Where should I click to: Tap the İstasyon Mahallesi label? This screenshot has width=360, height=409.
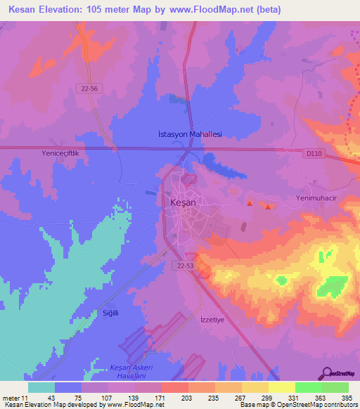pos(188,134)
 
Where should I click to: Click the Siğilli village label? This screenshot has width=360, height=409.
pos(111,313)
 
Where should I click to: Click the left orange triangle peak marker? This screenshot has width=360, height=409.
pos(249,203)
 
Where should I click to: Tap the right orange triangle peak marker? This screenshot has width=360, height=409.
pos(267,206)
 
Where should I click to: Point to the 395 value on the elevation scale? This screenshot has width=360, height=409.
pos(347,399)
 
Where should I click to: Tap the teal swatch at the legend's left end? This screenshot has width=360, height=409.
pos(41,387)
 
